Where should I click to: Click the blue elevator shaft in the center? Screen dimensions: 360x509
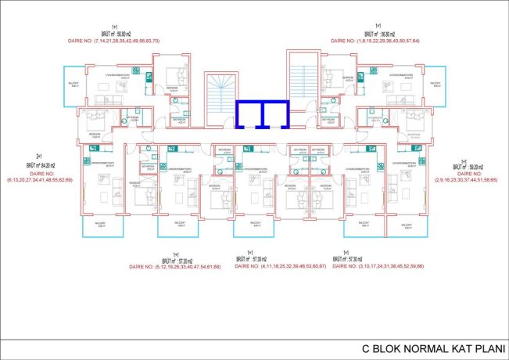pos(263,114)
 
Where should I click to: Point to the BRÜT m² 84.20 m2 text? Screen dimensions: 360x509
pos(38,165)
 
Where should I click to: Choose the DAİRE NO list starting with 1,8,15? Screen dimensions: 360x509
pos(375,40)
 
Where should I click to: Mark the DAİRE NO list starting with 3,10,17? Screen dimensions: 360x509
pos(377,267)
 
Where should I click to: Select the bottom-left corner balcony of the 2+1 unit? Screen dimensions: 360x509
pos(102,227)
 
